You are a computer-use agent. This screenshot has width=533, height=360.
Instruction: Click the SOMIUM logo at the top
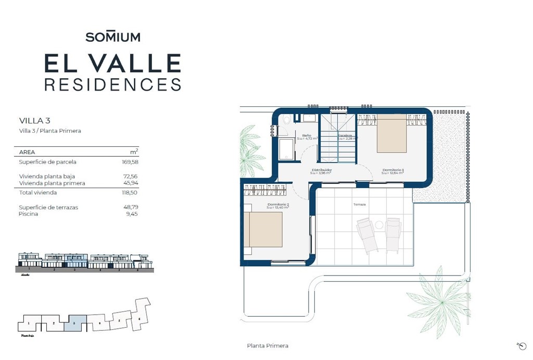click(113, 37)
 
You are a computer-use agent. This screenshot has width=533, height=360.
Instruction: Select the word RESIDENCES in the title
click(113, 84)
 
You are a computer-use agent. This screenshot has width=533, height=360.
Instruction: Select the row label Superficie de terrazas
click(48, 207)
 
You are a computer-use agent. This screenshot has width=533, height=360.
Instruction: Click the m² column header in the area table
click(134, 152)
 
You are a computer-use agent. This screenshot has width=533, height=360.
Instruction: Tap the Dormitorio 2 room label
click(278, 205)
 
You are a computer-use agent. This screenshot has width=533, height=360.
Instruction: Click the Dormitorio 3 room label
click(393, 170)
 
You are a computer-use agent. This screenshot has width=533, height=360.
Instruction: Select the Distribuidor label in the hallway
click(322, 170)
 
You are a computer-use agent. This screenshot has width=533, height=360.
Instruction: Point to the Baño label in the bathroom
click(307, 135)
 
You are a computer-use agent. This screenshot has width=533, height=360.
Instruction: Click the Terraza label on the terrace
click(360, 205)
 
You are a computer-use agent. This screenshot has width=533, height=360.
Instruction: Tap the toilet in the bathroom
click(286, 120)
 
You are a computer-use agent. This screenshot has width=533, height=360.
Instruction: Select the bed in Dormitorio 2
click(264, 229)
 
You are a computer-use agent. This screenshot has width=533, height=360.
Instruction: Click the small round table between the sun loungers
click(379, 225)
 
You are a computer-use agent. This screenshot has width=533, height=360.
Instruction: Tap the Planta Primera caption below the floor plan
click(268, 346)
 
